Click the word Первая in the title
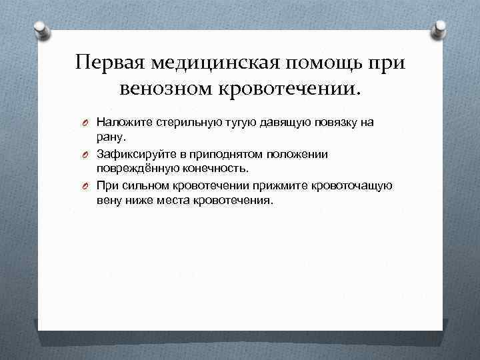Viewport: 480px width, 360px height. pos(111,63)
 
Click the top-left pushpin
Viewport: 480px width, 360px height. pos(41,28)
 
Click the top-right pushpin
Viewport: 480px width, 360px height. pos(439,28)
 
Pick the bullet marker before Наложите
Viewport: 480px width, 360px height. pos(86,123)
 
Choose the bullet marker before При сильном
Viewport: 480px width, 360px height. pos(86,186)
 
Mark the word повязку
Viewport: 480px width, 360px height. pos(331,122)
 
